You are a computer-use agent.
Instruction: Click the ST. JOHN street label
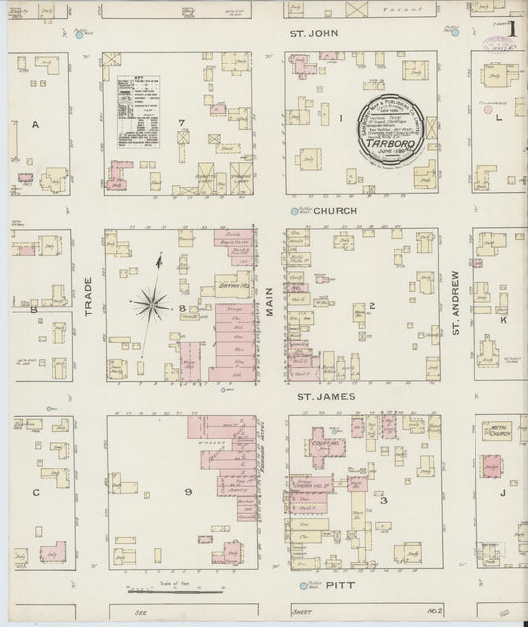point(307,34)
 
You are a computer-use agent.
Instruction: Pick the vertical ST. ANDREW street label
point(456,302)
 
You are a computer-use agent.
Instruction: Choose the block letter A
point(35,125)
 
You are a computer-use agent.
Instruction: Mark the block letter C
point(35,492)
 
